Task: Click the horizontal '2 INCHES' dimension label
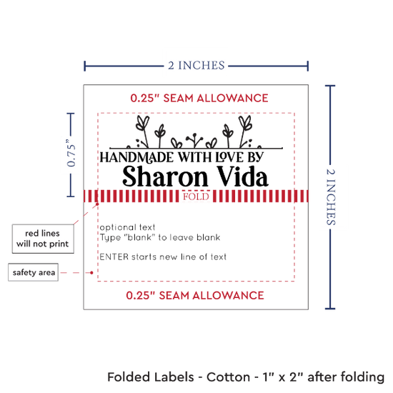(196, 66)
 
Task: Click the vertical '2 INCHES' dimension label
(331, 197)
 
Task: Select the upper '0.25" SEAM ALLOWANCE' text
(199, 98)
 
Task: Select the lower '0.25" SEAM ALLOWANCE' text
(195, 296)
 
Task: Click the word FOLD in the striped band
(196, 196)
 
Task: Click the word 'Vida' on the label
(243, 176)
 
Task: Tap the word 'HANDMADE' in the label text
(136, 157)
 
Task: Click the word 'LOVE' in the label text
(229, 157)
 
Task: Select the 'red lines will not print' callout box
(43, 239)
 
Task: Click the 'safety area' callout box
(34, 272)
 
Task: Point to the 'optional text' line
(128, 227)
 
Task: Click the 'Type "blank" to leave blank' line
(160, 237)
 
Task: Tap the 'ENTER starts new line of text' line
(163, 257)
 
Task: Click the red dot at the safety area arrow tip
(91, 272)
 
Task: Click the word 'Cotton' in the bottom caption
(229, 377)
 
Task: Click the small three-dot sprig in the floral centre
(194, 140)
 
